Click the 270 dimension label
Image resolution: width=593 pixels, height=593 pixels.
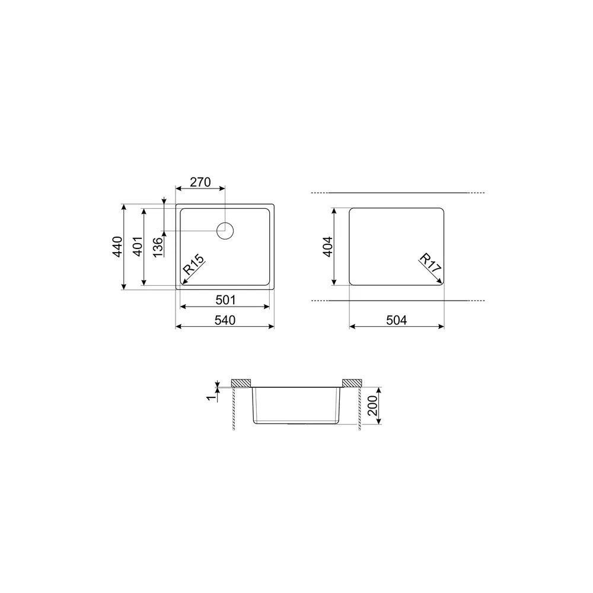(x=200, y=182)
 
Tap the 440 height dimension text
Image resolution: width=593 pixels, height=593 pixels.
(x=117, y=247)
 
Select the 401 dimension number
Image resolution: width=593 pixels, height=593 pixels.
(x=138, y=247)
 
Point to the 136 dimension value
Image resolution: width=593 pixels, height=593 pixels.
(x=158, y=247)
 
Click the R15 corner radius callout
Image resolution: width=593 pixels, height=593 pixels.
(x=193, y=264)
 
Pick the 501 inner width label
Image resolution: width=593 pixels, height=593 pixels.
(x=225, y=300)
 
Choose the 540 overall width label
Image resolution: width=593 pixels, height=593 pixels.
(x=225, y=320)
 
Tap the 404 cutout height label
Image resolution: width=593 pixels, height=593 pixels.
(x=328, y=247)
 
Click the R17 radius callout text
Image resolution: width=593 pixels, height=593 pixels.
(x=431, y=263)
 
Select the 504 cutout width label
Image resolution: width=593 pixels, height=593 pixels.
(x=396, y=320)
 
